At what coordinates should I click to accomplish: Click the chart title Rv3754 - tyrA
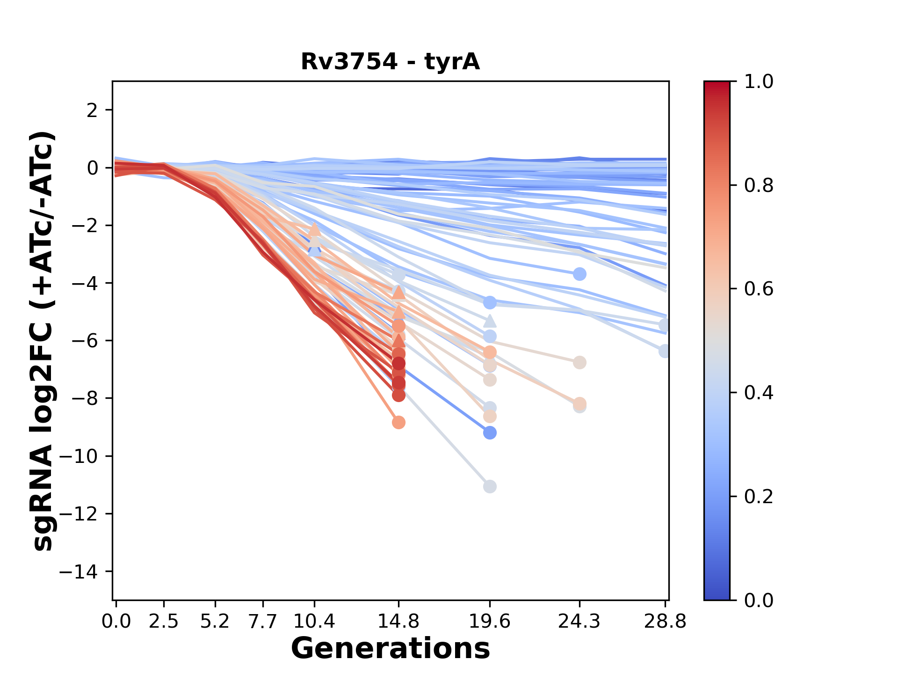tap(390, 62)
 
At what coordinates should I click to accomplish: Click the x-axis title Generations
tap(390, 649)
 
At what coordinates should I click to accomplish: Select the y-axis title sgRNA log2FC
tap(43, 340)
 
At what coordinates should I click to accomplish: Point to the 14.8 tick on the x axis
tap(398, 622)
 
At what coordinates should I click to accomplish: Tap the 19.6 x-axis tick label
tap(489, 622)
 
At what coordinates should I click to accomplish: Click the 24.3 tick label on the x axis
tap(579, 622)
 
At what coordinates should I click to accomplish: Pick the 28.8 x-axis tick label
tap(665, 622)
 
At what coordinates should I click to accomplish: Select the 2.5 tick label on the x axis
tap(164, 622)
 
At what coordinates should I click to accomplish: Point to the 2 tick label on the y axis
tap(93, 110)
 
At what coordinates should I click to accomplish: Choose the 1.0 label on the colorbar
tap(759, 82)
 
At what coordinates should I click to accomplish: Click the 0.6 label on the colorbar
tap(759, 289)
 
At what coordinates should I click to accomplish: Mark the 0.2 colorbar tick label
tap(759, 496)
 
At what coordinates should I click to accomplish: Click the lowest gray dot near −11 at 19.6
tap(490, 487)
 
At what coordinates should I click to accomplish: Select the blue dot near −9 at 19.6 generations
tap(490, 433)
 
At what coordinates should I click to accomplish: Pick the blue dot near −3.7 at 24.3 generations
tap(579, 274)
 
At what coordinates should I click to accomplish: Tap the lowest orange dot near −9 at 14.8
tap(398, 423)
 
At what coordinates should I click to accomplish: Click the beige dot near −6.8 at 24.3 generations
tap(579, 362)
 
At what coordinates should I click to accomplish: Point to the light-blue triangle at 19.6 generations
tap(490, 321)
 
